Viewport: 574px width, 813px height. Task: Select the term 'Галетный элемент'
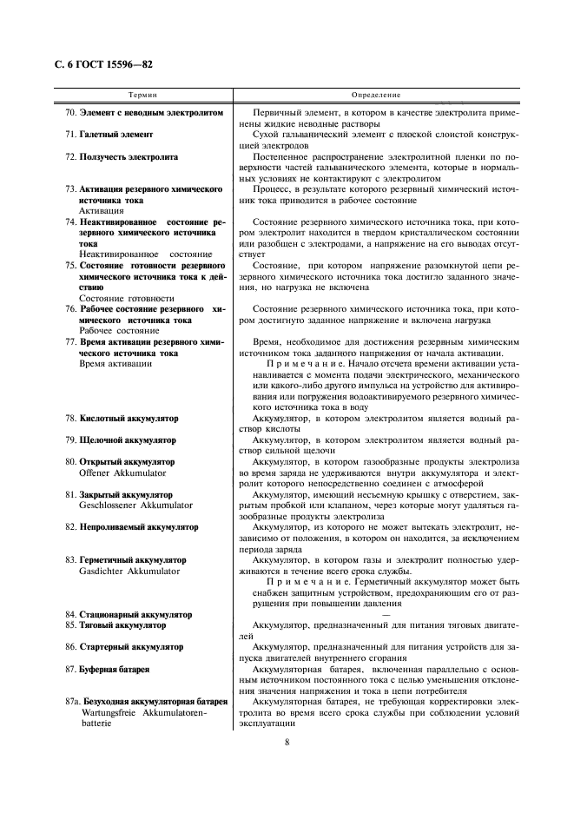[x=116, y=135]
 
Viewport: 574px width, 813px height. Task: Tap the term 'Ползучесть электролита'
[x=129, y=157]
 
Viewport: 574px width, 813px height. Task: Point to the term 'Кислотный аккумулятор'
[x=128, y=419]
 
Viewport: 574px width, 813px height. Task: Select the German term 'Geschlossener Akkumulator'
[x=135, y=505]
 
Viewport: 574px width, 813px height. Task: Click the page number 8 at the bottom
[x=286, y=741]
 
